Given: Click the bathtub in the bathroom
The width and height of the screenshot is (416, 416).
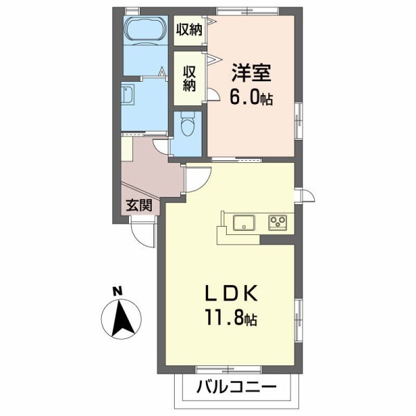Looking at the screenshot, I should [144, 31].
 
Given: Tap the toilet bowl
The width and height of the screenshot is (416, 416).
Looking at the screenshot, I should [186, 128].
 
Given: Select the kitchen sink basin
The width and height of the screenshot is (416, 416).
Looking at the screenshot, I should [243, 223].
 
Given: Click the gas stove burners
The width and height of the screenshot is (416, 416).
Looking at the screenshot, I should [279, 223].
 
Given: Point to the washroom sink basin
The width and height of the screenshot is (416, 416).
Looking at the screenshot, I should [128, 95].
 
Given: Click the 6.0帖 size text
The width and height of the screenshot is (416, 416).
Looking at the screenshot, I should [251, 98].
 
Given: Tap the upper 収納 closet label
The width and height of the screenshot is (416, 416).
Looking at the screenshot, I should [189, 29].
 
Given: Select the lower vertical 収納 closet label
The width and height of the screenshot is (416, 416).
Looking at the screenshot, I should [189, 78].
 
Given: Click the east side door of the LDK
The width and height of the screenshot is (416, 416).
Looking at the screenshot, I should [304, 195].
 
